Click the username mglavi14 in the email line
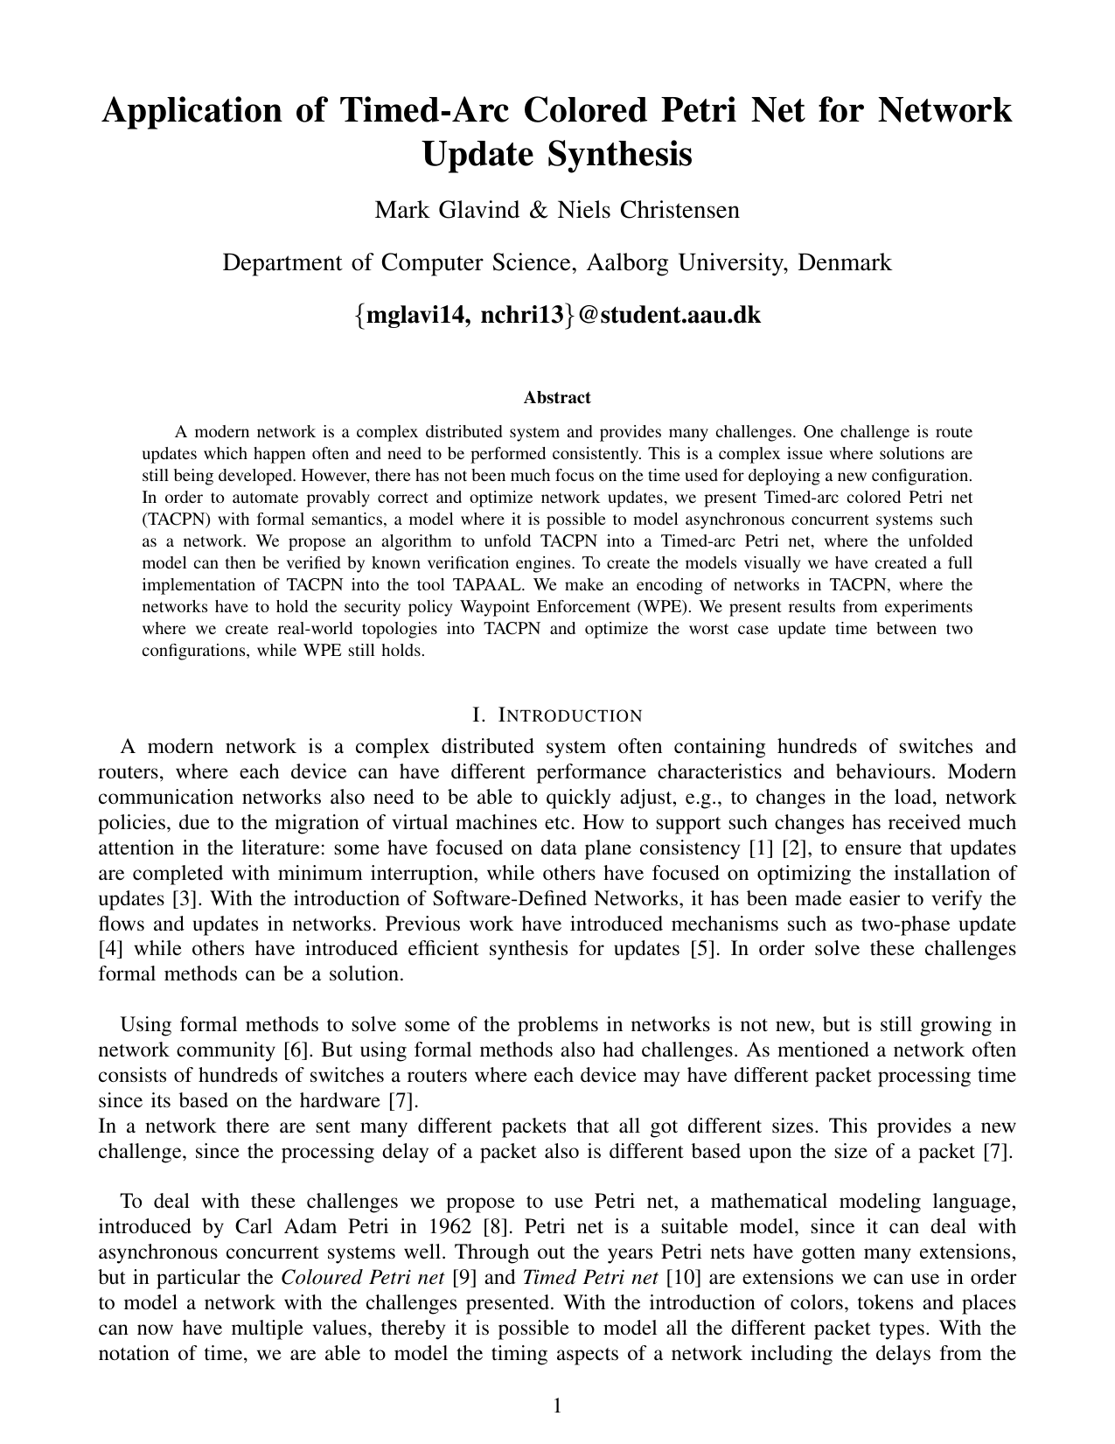pos(416,315)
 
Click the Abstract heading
pos(557,398)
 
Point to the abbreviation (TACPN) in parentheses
pos(171,520)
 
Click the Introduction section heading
pos(557,715)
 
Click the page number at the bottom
pos(557,1406)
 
